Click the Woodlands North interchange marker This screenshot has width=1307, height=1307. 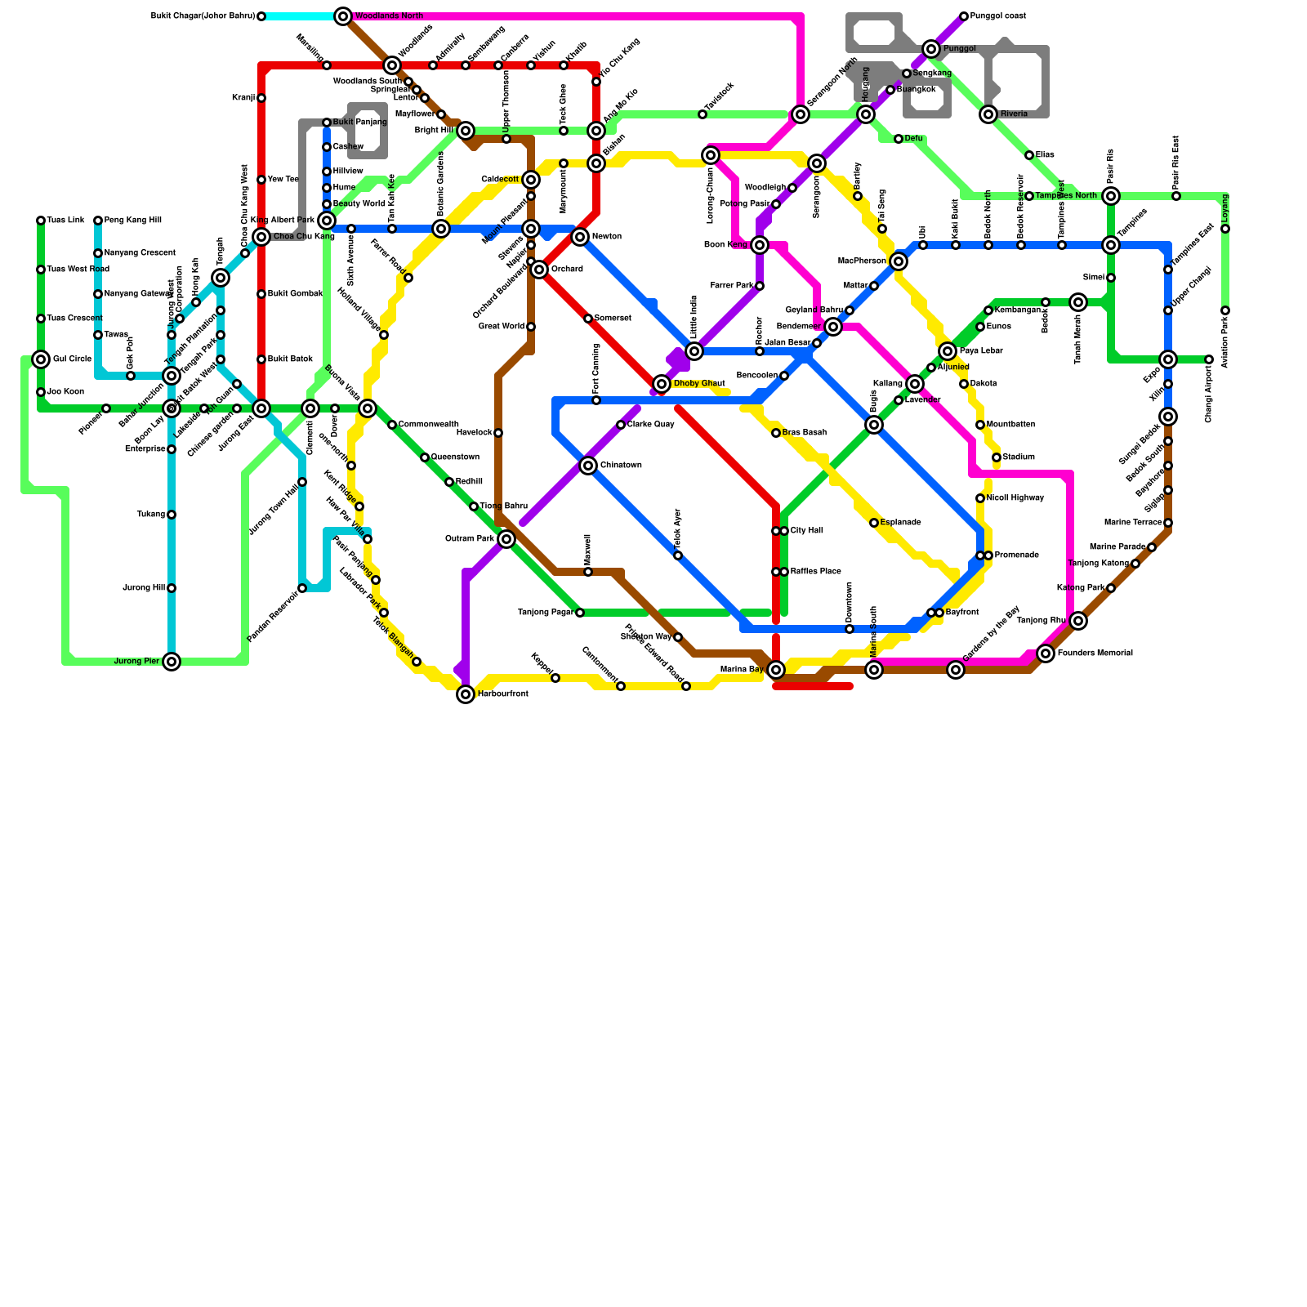click(x=343, y=16)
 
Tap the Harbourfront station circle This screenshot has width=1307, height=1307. click(x=466, y=694)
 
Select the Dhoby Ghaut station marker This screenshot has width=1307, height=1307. click(x=662, y=384)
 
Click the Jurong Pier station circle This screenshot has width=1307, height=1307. click(x=172, y=662)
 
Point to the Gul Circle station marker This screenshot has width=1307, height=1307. click(x=41, y=359)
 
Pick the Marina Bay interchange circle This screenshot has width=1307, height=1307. click(x=776, y=670)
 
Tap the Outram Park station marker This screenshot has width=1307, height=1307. click(x=506, y=539)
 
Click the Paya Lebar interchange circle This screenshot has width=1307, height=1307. click(x=948, y=351)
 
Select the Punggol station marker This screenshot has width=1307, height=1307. click(x=931, y=49)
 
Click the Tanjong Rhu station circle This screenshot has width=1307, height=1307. click(x=1078, y=621)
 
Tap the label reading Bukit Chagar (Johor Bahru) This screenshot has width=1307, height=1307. click(x=203, y=16)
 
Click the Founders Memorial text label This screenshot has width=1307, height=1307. click(x=1095, y=653)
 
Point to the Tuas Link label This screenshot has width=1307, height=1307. click(x=65, y=221)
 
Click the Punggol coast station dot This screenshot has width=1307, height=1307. click(x=964, y=16)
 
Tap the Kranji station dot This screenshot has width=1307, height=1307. click(x=261, y=98)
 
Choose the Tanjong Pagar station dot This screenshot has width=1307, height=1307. click(x=580, y=613)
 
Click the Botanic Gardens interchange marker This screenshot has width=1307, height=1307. click(x=441, y=229)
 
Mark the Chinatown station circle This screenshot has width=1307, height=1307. click(x=588, y=466)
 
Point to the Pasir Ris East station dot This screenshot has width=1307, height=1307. click(x=1176, y=196)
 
